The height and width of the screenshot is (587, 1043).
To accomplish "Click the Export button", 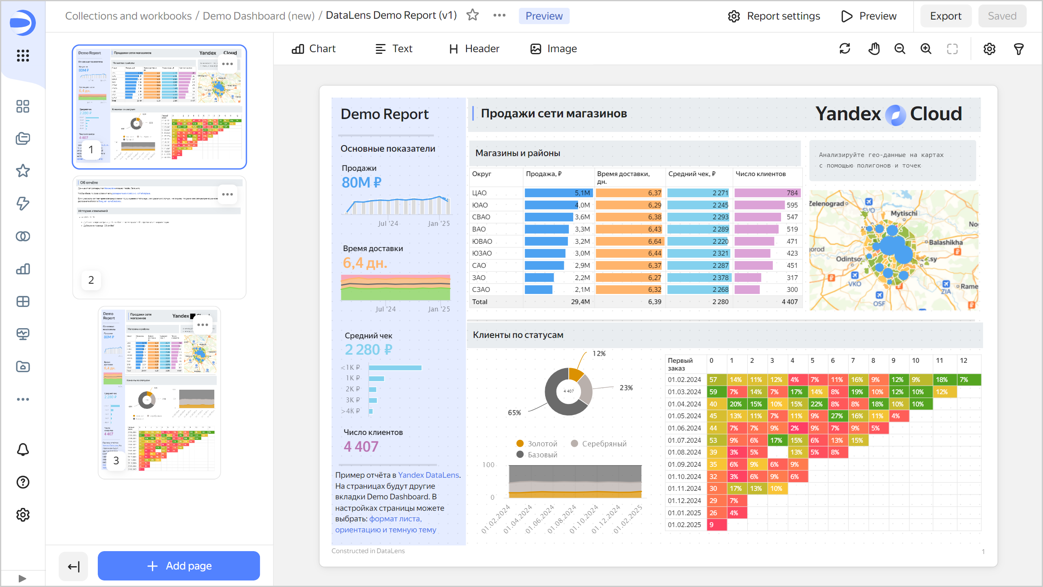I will (x=945, y=16).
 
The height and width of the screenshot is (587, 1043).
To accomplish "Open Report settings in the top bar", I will (x=774, y=16).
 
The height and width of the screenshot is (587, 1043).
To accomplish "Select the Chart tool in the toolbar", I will (x=314, y=49).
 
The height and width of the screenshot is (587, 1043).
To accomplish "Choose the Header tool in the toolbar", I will (x=474, y=49).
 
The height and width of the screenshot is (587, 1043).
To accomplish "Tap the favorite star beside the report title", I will (x=473, y=15).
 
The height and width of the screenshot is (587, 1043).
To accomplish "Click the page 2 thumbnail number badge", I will (x=91, y=280).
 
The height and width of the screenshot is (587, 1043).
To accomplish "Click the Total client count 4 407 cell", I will (x=789, y=302).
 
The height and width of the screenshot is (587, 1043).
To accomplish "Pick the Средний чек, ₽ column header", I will (x=692, y=174).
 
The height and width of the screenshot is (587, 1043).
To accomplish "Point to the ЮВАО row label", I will (x=482, y=241).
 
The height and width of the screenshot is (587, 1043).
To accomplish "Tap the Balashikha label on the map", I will (x=946, y=243).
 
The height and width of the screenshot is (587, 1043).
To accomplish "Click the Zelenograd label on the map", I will (x=826, y=203).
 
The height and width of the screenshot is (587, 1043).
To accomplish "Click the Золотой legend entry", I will (x=542, y=444).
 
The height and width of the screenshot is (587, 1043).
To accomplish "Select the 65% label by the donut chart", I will (x=514, y=413).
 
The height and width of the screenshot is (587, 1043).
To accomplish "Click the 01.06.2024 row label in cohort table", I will (x=684, y=428).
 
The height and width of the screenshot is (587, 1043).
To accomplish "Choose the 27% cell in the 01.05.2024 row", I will (x=836, y=416).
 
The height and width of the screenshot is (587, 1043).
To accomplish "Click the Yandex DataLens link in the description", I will (x=428, y=475).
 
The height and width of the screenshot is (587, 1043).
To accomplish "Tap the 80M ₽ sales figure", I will (x=361, y=183).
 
